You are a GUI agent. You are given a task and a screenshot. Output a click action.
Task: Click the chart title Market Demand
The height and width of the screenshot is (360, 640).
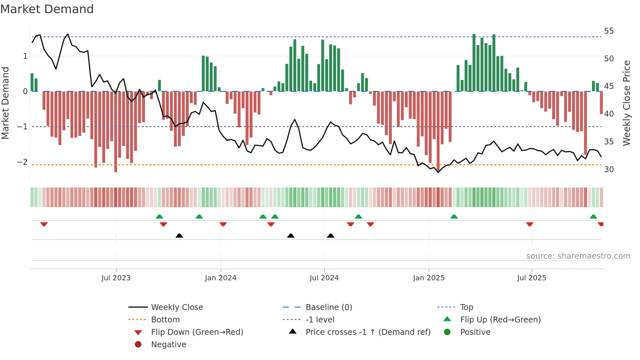coord(47,9)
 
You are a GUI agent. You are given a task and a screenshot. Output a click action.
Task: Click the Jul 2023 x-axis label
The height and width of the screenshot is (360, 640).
coord(116,278)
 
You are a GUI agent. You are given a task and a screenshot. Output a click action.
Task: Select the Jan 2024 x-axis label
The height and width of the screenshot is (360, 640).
coord(220,278)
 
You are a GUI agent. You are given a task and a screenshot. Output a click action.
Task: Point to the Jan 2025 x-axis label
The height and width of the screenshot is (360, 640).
coord(428,278)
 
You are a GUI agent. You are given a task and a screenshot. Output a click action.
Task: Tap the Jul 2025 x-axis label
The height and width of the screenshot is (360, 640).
coord(532,278)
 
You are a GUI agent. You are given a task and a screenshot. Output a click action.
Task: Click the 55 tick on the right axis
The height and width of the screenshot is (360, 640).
coord(609,31)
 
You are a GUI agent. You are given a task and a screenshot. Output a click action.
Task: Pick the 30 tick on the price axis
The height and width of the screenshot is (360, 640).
coord(609,170)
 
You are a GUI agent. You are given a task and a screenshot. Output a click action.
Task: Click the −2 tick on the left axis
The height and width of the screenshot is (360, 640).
coord(22,162)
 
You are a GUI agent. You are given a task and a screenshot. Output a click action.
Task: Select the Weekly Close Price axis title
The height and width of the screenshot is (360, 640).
coord(626,103)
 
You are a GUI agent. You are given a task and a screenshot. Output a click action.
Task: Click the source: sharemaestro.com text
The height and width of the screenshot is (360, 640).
coord(578,256)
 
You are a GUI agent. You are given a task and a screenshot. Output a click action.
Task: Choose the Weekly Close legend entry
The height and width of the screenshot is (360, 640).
coord(177,307)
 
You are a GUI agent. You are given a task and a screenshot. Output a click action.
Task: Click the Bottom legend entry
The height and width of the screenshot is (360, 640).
coord(165,320)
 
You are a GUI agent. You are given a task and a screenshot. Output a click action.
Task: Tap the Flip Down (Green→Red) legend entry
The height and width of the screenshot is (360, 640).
coord(197,332)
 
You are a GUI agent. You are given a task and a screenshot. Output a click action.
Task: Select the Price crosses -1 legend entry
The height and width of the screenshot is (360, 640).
coord(368,332)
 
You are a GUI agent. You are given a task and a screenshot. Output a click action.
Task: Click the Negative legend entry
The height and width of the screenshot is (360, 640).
coord(168,345)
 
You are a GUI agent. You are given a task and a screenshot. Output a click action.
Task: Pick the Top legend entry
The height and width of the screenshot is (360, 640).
coord(466,307)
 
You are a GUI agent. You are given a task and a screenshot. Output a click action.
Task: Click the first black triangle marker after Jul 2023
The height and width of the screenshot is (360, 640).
coord(179,236)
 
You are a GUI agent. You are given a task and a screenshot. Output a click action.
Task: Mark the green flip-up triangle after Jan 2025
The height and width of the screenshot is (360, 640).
coord(454,217)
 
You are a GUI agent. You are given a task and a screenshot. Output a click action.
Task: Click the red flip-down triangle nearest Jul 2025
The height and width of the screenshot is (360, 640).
coord(530,224)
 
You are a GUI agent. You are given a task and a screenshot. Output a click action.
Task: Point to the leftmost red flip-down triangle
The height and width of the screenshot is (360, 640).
coord(44,224)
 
